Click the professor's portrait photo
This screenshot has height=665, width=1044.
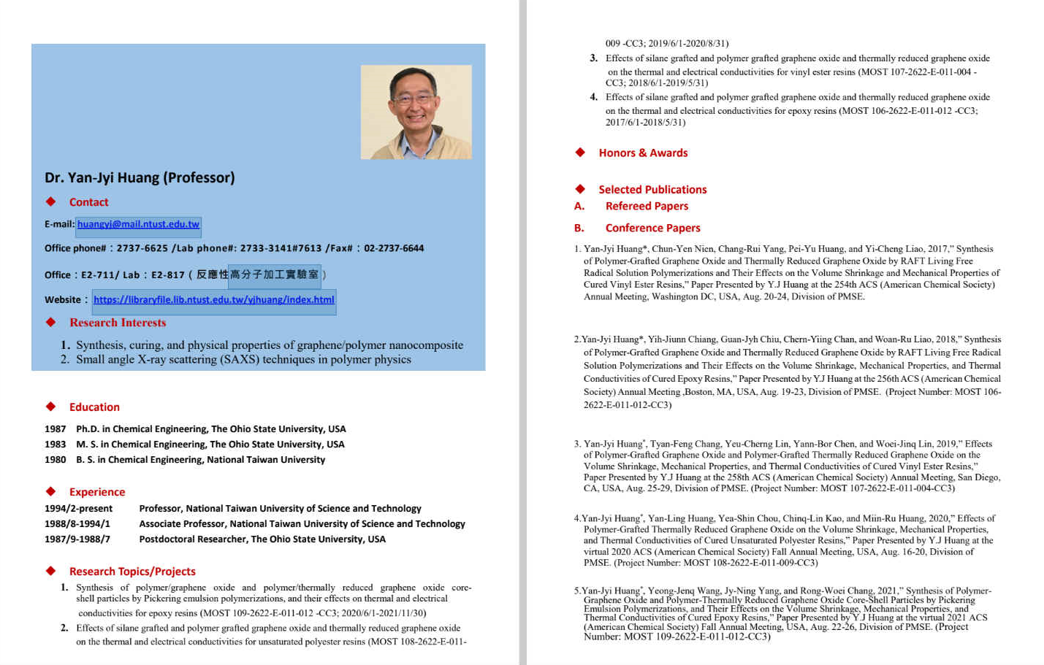416,112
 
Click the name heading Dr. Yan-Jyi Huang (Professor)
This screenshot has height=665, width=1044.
140,177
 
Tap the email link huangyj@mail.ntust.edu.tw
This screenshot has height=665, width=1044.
138,224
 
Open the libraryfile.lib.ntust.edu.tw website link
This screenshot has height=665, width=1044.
213,299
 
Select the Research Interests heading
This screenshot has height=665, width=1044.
118,323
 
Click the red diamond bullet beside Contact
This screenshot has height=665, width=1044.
50,201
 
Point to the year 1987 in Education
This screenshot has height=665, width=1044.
55,429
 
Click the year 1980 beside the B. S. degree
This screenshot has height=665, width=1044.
55,460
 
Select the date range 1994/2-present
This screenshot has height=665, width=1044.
78,509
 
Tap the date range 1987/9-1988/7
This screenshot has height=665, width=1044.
77,539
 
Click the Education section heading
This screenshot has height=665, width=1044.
94,407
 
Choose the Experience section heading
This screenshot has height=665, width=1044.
97,492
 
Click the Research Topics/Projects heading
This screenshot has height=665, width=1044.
132,572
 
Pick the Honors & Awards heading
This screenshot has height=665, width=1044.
643,153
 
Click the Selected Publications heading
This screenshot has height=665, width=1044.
652,190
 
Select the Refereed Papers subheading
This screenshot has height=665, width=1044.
647,207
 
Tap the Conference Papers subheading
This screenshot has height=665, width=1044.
652,228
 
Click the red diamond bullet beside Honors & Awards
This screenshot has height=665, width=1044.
580,153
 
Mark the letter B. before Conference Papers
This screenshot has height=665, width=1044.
579,228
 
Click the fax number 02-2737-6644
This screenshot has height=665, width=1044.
394,248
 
